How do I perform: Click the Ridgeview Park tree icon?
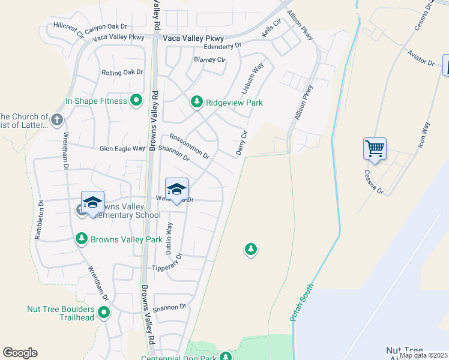[x=196, y=103]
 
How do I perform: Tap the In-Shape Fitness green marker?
[x=137, y=101]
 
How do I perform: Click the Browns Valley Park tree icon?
[x=82, y=239]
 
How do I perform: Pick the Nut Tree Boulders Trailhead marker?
[x=104, y=312]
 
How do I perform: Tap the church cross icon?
[x=57, y=119]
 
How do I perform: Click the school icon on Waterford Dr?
[x=176, y=190]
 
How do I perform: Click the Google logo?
[x=20, y=352]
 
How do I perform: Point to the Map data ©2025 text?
[x=423, y=355]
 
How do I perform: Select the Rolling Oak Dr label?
[x=122, y=72]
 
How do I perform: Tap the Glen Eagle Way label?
[x=122, y=148]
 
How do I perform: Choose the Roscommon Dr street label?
[x=190, y=146]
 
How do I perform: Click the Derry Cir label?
[x=242, y=143]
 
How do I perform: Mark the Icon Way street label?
[x=424, y=135]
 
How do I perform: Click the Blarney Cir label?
[x=209, y=59]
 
